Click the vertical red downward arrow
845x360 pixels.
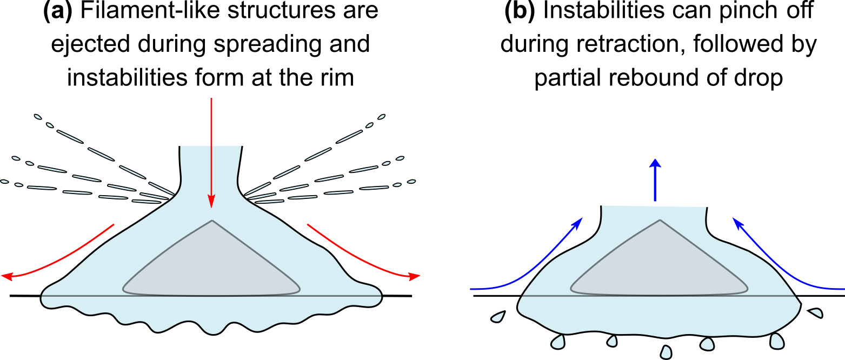(211, 151)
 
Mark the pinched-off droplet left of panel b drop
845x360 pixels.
(498, 317)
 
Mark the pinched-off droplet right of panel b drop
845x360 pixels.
(815, 312)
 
